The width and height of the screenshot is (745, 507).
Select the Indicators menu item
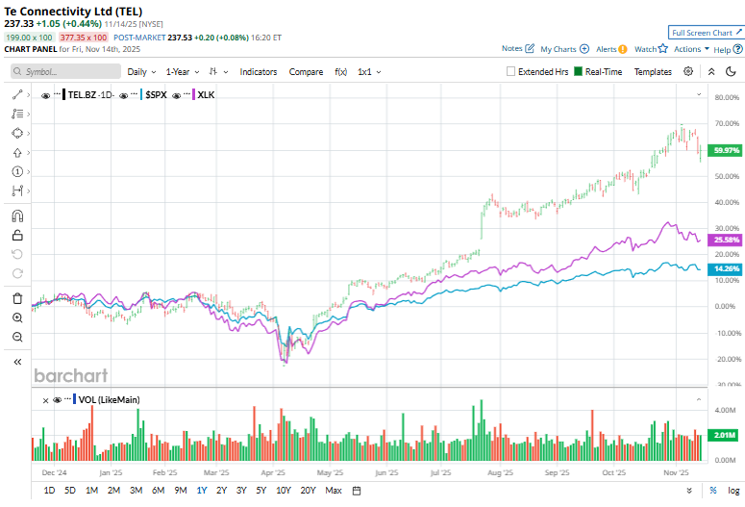(258, 71)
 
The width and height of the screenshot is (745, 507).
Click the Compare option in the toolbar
(306, 71)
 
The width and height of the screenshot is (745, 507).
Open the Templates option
(653, 71)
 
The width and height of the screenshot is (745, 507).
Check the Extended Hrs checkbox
(511, 71)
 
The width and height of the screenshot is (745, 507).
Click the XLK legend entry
(205, 94)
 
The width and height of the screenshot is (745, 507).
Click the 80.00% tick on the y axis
(726, 97)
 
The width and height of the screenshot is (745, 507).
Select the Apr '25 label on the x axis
(274, 472)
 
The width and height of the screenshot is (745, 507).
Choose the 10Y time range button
(284, 491)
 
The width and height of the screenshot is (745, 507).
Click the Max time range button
(334, 491)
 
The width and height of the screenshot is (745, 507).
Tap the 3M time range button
(136, 491)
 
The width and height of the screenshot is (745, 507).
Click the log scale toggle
(734, 491)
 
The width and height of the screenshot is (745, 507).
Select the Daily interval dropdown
(141, 71)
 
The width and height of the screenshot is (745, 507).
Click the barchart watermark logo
(71, 375)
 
